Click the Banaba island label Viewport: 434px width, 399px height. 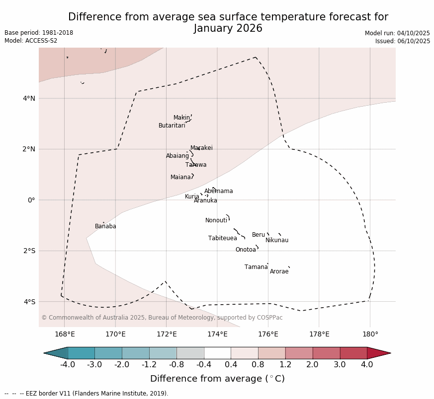pos(105,226)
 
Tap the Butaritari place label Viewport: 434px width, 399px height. pos(172,126)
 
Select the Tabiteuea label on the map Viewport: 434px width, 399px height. pos(222,238)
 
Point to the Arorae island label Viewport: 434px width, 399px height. pos(279,271)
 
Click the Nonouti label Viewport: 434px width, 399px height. pos(216,220)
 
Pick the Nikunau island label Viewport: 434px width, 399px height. pos(276,240)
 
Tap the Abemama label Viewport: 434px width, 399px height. pos(218,191)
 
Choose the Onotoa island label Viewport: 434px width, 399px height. pos(246,250)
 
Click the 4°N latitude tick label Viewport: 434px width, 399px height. pos(29,98)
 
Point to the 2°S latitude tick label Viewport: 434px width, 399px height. pos(29,251)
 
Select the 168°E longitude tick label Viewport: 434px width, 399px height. pos(65,334)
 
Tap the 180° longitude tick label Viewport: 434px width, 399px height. pos(370,334)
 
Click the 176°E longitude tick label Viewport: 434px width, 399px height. pos(268,334)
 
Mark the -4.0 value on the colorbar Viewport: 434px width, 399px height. pos(68,365)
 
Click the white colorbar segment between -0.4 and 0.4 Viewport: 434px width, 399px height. pos(217,353)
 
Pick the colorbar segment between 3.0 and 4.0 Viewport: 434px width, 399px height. pos(353,353)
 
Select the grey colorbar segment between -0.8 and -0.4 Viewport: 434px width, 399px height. pos(190,353)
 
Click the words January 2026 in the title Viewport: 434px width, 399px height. pos(228,28)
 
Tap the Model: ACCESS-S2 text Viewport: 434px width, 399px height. pos(31,41)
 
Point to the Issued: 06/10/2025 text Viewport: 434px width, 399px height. pos(402,41)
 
